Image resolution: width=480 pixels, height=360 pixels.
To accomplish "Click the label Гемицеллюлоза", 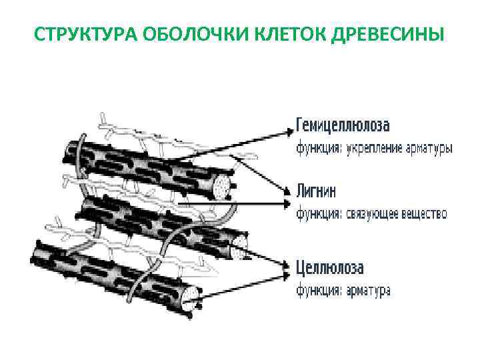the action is click(343, 126).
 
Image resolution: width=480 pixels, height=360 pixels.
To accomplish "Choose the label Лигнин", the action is click(317, 192).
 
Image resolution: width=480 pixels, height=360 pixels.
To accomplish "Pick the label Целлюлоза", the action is click(331, 268).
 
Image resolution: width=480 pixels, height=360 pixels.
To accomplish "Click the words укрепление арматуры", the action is click(399, 149).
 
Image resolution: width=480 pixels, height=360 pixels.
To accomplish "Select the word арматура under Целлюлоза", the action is click(368, 291).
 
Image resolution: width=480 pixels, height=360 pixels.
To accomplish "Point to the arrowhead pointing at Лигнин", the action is click(288, 190).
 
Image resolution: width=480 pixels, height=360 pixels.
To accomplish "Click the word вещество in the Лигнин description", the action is click(424, 215).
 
